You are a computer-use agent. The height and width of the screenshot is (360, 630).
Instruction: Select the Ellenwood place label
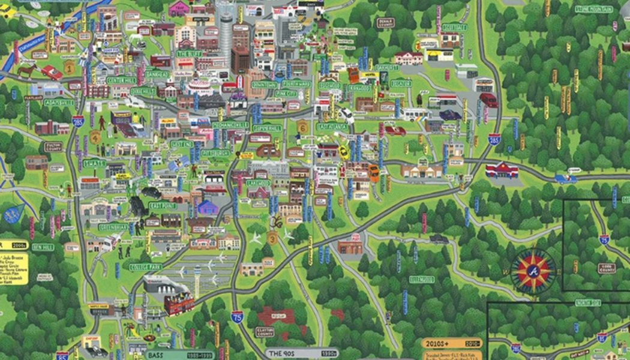click(x=422, y=279)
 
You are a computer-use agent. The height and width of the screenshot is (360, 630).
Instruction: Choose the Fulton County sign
click(x=53, y=146)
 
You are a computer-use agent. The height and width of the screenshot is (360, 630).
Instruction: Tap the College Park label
click(x=146, y=267)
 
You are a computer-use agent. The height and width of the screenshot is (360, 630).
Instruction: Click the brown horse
click(x=27, y=71)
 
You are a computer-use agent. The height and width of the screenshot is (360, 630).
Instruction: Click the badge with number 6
click(x=302, y=127)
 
